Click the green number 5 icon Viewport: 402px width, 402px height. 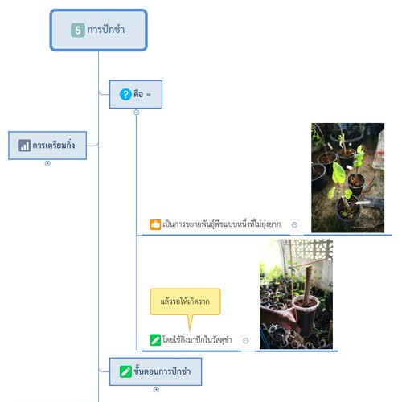point(78,30)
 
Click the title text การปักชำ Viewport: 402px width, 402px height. point(106,29)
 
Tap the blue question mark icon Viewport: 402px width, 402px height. point(125,95)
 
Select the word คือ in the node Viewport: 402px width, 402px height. point(138,94)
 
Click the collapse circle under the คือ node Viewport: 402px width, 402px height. point(137,113)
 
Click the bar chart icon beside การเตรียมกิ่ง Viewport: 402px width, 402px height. point(25,146)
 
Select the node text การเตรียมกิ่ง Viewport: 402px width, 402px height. point(54,146)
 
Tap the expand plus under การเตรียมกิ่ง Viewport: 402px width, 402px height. point(47,163)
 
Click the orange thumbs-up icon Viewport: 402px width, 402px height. point(155,224)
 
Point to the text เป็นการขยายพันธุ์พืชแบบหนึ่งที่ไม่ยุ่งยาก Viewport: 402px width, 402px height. point(222,224)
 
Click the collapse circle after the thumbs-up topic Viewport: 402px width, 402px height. point(294,225)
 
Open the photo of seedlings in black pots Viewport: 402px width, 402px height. point(347,178)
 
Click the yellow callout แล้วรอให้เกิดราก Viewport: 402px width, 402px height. point(185,301)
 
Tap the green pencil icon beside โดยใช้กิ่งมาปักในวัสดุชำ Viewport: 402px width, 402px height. point(155,340)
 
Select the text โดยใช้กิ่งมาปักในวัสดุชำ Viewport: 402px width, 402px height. point(197,340)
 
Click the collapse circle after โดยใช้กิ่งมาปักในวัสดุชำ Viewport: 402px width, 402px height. point(245,340)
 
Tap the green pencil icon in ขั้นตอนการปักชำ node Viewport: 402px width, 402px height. point(125,371)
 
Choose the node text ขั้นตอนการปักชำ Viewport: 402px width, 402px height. point(162,371)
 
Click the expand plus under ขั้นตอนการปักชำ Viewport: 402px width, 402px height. point(156,389)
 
